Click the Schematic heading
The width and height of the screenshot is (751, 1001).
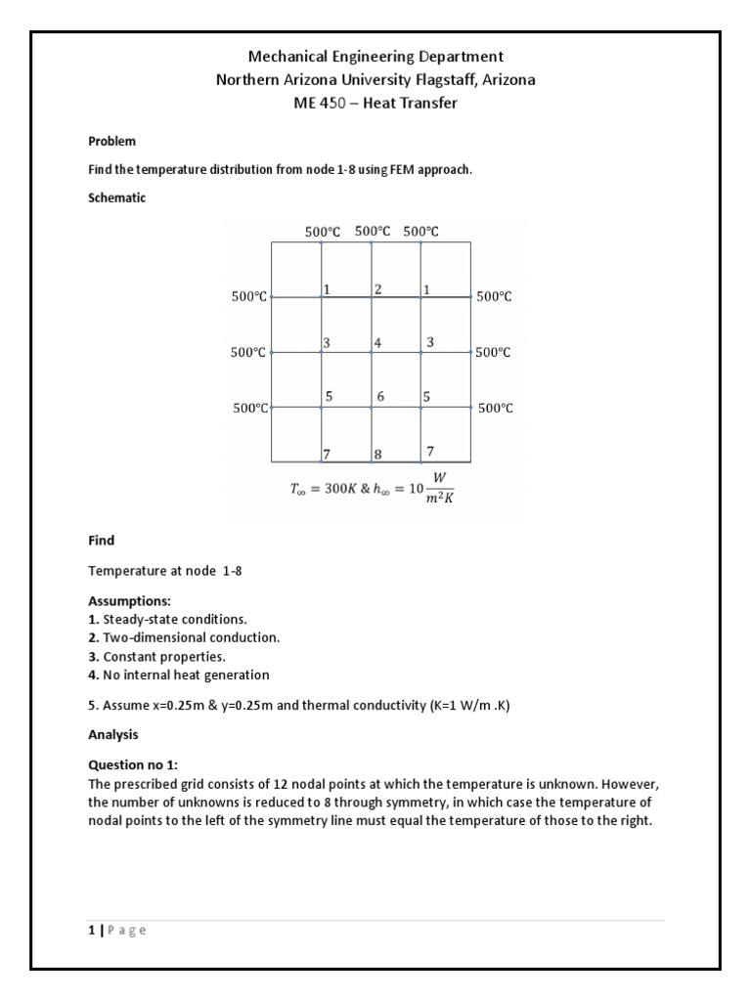[x=116, y=197]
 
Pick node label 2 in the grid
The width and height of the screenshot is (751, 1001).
[x=377, y=288]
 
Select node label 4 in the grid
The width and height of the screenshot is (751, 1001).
[x=377, y=343]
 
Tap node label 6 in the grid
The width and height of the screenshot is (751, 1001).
[x=380, y=397]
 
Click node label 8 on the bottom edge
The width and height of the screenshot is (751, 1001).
[x=377, y=454]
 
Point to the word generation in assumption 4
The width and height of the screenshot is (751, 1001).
[x=238, y=675]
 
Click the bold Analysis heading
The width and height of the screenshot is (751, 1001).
[x=113, y=733]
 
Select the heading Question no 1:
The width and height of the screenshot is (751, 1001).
[x=132, y=765]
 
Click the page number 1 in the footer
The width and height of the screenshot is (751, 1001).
[x=91, y=930]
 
